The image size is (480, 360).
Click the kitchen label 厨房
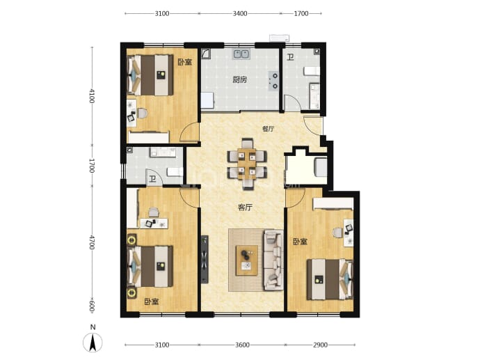[239, 80]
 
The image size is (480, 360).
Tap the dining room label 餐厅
[268, 129]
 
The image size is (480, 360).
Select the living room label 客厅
[245, 208]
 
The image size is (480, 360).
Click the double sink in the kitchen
[241, 54]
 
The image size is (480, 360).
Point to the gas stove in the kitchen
[273, 81]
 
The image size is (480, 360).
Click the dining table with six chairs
[247, 164]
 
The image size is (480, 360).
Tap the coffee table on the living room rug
[246, 260]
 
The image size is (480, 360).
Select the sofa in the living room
[273, 260]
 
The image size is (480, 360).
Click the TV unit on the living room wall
[205, 259]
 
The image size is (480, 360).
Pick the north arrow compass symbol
[93, 343]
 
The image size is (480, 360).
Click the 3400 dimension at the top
[240, 13]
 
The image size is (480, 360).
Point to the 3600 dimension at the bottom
[242, 345]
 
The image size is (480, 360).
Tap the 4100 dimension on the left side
[92, 96]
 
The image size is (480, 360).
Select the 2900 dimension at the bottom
[320, 345]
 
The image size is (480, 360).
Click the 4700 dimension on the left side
[92, 242]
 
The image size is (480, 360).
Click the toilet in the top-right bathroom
[312, 71]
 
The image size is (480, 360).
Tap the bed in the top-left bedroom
[150, 75]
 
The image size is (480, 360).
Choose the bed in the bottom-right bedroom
[330, 279]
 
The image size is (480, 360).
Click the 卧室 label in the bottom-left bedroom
[152, 302]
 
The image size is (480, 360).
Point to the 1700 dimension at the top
[301, 13]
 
